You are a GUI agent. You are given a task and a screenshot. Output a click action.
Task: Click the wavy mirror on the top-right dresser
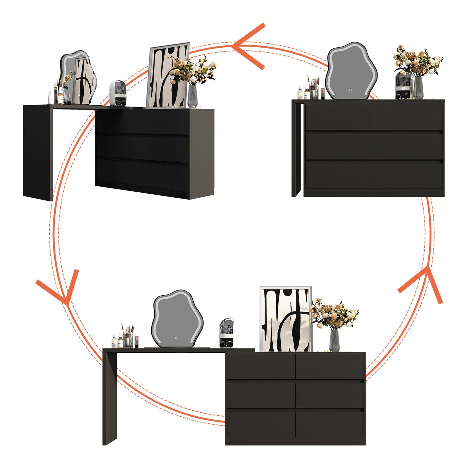(351, 71)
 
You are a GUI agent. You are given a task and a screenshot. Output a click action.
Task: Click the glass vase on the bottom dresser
(334, 340)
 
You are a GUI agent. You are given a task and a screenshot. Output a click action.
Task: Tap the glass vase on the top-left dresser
(192, 95)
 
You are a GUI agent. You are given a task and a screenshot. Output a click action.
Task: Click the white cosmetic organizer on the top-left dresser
(117, 93)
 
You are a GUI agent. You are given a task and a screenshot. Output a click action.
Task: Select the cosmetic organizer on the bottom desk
(226, 333)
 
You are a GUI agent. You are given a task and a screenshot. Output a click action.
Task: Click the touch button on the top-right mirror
(350, 90)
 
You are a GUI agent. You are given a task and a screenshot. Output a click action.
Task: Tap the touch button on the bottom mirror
(176, 337)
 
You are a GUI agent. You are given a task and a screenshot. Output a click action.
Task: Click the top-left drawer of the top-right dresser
(339, 118)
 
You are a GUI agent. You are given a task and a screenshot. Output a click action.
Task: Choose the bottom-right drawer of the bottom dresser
(330, 424)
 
